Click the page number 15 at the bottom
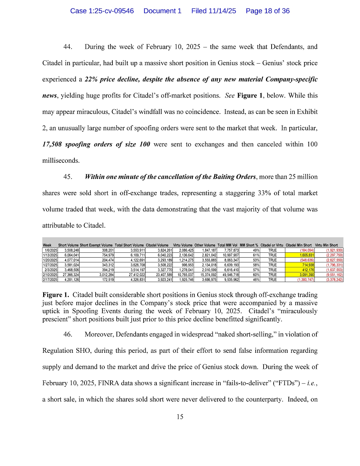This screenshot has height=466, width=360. tap(180, 416)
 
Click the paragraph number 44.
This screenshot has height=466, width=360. tap(68, 47)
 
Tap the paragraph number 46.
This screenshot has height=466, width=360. tap(68, 334)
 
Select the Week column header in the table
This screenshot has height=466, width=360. tap(47, 245)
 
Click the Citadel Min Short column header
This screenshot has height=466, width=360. tap(299, 245)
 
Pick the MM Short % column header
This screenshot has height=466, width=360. tap(249, 245)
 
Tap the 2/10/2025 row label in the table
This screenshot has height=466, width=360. tap(50, 275)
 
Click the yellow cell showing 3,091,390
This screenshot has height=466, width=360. tap(299, 275)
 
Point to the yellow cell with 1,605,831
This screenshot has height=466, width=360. tap(299, 255)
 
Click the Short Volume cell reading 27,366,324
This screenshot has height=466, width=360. tap(69, 275)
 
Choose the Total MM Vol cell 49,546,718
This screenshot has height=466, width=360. tap(228, 275)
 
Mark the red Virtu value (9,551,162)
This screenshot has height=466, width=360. tap(332, 275)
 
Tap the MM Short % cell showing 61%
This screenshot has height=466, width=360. tap(252, 255)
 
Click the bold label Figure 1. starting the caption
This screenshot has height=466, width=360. tap(56, 295)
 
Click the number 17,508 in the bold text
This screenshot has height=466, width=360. tap(55, 144)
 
